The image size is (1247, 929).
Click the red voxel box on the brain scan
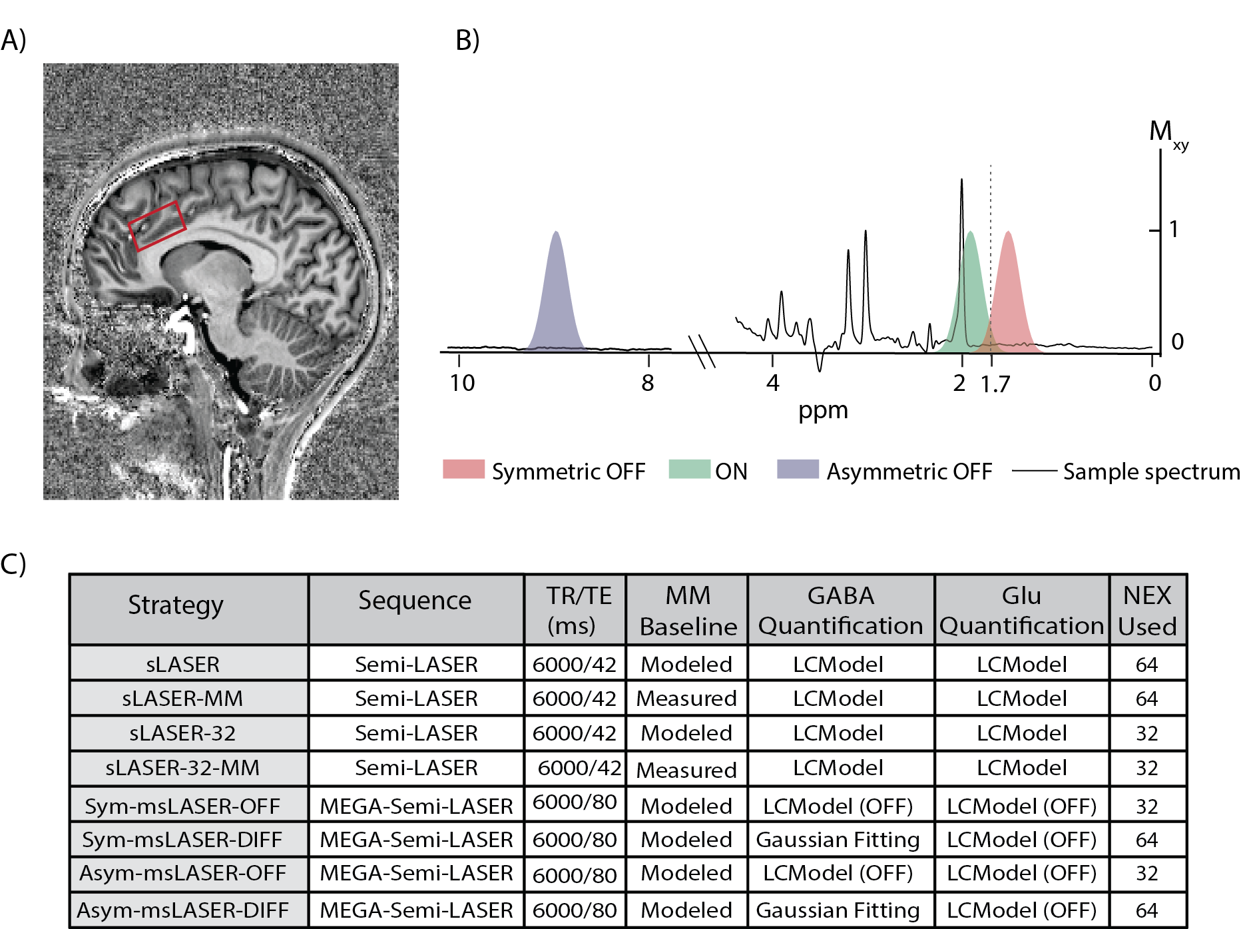(x=157, y=226)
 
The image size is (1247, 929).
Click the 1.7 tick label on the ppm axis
(x=995, y=384)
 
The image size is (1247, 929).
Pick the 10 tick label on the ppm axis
(x=462, y=383)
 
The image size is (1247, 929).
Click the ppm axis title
(x=823, y=410)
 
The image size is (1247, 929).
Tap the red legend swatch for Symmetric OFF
(x=463, y=469)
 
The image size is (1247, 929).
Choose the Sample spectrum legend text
(x=1151, y=471)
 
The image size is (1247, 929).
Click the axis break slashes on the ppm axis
(x=702, y=352)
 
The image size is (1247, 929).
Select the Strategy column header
(x=176, y=605)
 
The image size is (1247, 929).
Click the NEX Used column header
(x=1147, y=611)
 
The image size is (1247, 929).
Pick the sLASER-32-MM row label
(x=182, y=768)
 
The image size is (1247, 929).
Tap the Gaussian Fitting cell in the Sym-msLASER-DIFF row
(x=838, y=840)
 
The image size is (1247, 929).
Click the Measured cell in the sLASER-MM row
(x=686, y=699)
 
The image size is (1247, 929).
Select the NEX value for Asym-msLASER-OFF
(x=1146, y=873)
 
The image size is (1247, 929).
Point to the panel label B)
(x=467, y=41)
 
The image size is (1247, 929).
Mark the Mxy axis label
(x=1167, y=133)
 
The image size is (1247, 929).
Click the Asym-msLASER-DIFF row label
(x=182, y=910)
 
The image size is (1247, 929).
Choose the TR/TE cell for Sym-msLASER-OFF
(x=575, y=802)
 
